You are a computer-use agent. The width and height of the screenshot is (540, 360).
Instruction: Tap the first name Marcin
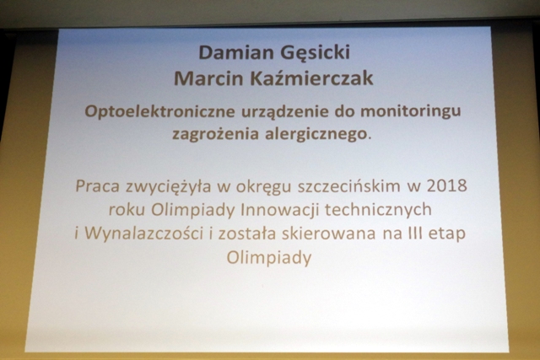(x=208, y=78)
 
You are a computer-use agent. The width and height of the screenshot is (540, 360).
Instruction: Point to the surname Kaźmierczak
(x=311, y=78)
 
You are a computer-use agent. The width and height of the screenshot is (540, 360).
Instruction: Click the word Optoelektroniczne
(x=159, y=112)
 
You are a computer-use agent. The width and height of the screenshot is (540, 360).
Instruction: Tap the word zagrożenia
(x=215, y=134)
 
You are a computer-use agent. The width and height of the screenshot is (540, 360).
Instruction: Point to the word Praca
(x=98, y=186)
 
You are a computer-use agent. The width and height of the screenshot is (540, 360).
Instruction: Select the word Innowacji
(x=279, y=210)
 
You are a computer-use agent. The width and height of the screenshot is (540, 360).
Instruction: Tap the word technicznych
(x=379, y=210)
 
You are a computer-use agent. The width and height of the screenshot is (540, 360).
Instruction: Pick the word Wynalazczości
(x=143, y=234)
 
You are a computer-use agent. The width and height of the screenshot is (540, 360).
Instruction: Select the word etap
(x=446, y=234)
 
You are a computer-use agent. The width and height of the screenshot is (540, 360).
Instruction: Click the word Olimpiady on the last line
(x=269, y=258)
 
